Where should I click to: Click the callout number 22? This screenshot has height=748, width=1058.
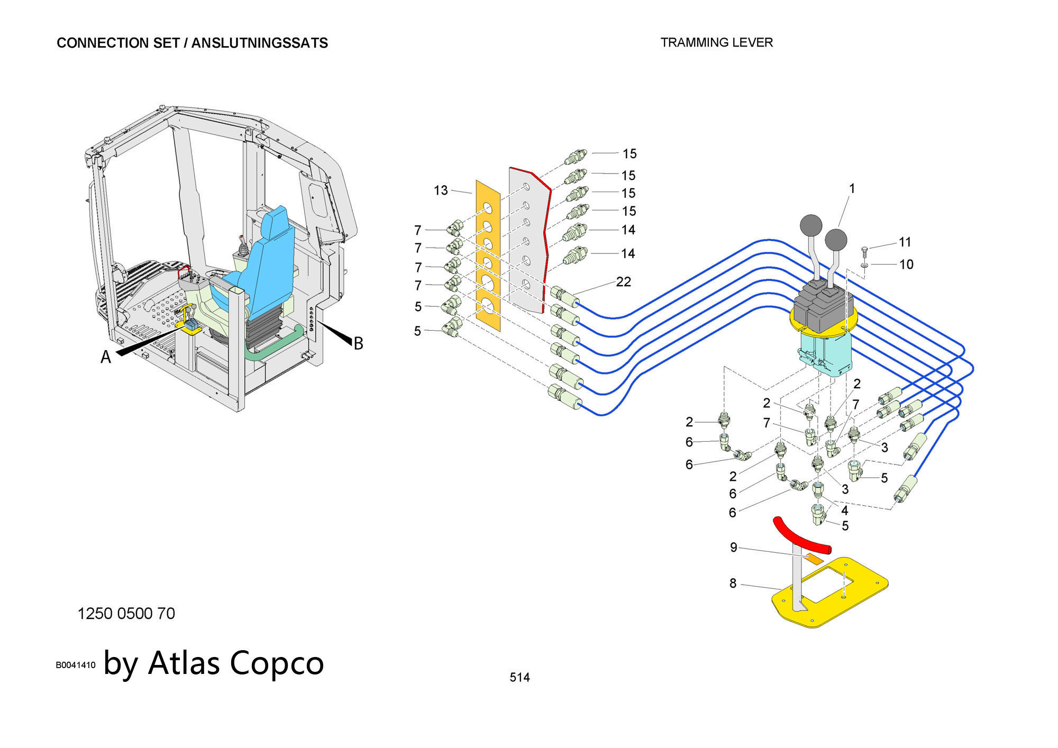624,282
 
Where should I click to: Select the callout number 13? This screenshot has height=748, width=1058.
441,190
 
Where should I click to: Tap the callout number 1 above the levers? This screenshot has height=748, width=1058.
852,188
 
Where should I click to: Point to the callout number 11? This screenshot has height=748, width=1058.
905,242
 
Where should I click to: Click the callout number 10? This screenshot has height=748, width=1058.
906,264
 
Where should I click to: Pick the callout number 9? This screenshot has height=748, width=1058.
733,548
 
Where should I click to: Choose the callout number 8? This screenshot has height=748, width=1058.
733,583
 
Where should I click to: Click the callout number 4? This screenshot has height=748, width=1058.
845,510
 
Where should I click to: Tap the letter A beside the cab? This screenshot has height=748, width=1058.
106,358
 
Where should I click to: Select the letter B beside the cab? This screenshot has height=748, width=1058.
358,344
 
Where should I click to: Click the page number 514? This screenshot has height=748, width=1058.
519,677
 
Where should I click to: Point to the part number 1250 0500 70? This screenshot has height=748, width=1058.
126,614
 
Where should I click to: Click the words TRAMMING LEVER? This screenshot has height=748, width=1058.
716,43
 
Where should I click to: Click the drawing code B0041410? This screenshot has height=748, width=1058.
76,665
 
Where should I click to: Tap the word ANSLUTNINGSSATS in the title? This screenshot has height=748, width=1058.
260,43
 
